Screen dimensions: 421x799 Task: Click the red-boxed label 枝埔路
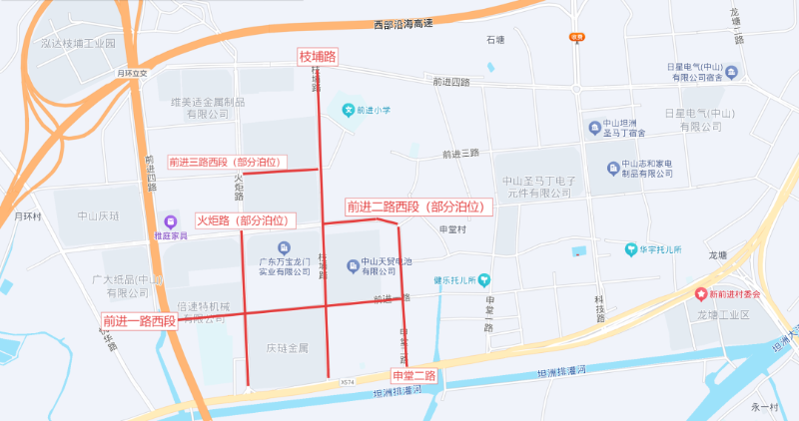point(317,57)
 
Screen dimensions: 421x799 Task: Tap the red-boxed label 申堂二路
point(414,376)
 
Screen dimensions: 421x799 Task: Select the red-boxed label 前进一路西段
point(139,321)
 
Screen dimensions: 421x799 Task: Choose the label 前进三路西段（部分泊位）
point(228,162)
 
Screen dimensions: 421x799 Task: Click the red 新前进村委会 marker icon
point(701,294)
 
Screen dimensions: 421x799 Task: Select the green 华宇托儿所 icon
point(631,249)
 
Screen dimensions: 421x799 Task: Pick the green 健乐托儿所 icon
point(484,280)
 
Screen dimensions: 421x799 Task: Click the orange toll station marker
point(576,37)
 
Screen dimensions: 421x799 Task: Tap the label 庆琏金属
point(287,348)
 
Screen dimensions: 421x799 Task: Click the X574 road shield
point(347,382)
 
